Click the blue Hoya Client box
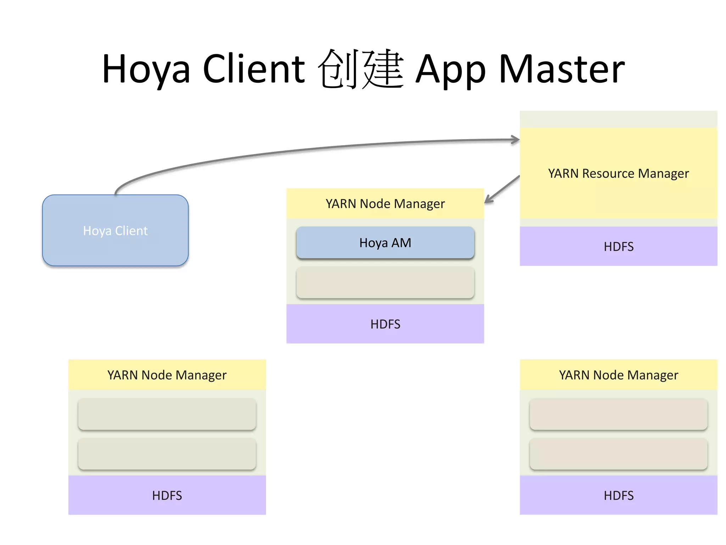(115, 230)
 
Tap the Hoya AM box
(385, 243)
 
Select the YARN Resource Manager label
(618, 174)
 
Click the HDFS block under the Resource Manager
(618, 246)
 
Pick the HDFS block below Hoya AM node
(385, 324)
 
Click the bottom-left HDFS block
(167, 495)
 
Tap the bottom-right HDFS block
(618, 495)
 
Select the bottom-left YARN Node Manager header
(167, 375)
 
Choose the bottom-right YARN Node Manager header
(618, 375)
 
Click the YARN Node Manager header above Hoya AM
(385, 204)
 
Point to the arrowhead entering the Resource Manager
(516, 139)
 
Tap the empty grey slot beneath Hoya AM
(385, 282)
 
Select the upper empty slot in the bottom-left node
(167, 414)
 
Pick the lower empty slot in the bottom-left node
(167, 454)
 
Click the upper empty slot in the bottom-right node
(618, 414)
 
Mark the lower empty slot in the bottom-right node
(618, 454)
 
